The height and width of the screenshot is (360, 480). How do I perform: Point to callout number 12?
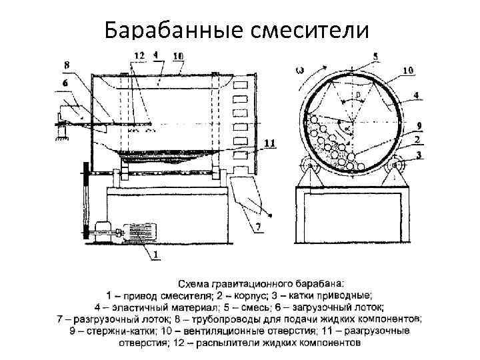[139, 55]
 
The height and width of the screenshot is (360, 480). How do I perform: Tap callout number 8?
[66, 65]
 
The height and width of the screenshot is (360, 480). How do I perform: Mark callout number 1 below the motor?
[155, 255]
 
